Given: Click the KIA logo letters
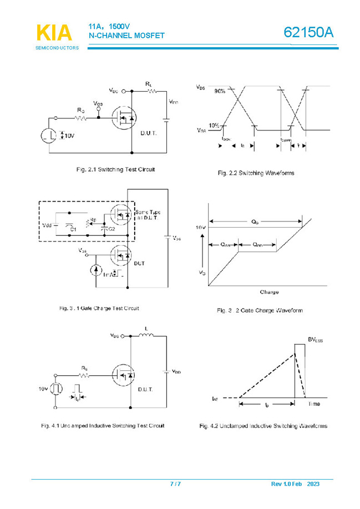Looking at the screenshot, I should [54, 33].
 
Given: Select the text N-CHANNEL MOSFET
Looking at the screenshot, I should [126, 36].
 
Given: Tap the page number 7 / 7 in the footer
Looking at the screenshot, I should [175, 484].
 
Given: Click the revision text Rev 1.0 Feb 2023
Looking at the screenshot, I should [295, 484].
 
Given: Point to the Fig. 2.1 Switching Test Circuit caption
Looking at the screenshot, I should [115, 169].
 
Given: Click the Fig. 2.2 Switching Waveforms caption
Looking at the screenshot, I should [255, 173].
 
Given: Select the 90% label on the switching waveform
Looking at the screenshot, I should [220, 91].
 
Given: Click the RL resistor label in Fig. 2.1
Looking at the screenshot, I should [149, 84].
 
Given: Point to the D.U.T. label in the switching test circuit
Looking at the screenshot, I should [148, 133].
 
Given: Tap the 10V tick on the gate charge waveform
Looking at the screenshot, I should [201, 228].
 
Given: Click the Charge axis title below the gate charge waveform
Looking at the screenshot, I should [269, 292].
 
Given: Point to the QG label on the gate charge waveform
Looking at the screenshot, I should [255, 221].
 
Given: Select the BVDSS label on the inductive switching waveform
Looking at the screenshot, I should [315, 339].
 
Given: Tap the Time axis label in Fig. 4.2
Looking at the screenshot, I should [314, 404].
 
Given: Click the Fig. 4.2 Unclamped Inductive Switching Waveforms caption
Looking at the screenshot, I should [263, 426].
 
